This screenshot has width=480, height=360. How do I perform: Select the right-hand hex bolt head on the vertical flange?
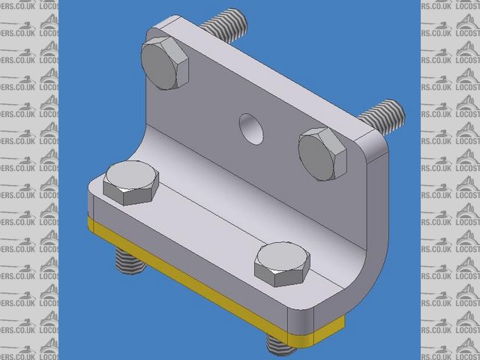322,153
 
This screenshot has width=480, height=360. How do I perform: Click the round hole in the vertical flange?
251,128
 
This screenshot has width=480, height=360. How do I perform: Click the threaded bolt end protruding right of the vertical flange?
385,115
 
